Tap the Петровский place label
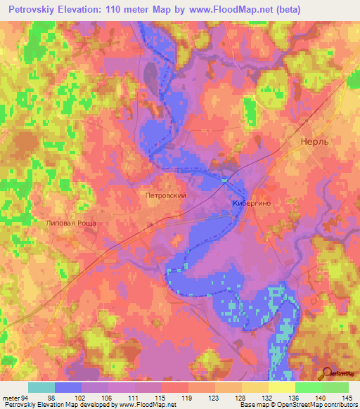click(165, 196)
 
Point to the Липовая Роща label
click(70, 223)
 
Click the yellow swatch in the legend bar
click(281, 387)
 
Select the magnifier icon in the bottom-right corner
click(327, 374)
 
